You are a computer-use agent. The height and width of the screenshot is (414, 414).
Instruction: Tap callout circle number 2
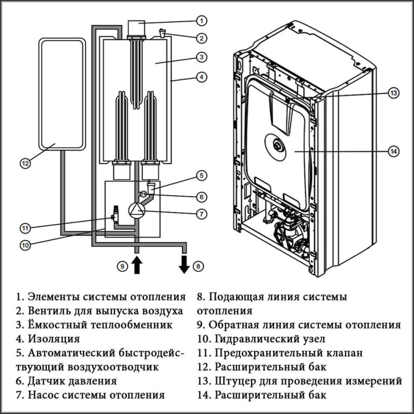[202, 38]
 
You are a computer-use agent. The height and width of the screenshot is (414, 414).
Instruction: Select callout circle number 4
[202, 77]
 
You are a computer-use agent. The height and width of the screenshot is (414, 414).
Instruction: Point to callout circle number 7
[202, 213]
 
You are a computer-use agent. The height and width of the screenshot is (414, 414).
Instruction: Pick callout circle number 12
[26, 163]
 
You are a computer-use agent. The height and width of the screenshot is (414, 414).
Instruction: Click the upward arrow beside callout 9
[137, 264]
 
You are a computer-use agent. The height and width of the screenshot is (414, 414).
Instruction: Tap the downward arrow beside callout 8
[184, 264]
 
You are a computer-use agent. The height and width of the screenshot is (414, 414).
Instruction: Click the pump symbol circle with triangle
[136, 210]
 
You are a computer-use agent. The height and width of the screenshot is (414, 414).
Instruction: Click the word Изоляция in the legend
[53, 339]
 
